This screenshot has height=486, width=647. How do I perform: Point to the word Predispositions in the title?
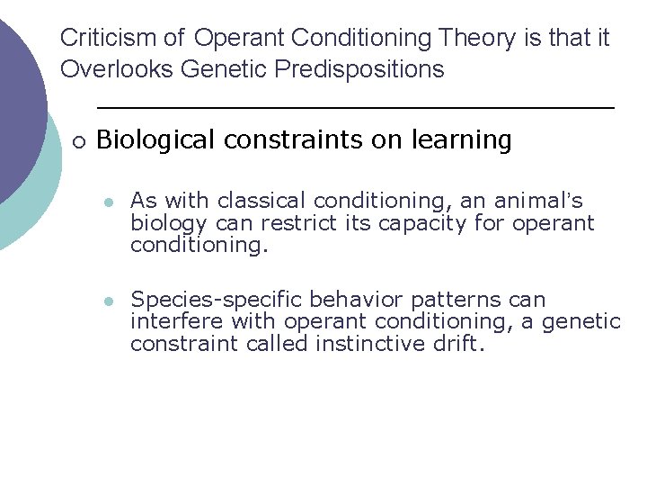pyautogui.click(x=358, y=69)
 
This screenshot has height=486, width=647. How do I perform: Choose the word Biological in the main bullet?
pyautogui.click(x=157, y=139)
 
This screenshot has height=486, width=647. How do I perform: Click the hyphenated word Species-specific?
pyautogui.click(x=214, y=299)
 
